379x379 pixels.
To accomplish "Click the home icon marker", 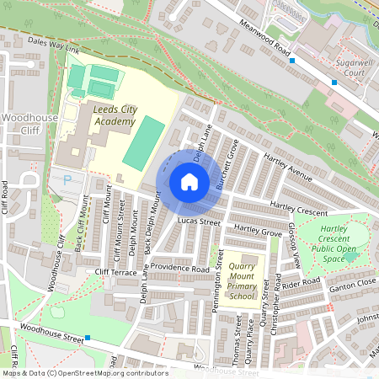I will [x=189, y=182].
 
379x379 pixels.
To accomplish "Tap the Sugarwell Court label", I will [x=342, y=68].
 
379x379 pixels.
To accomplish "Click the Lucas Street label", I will [x=199, y=222].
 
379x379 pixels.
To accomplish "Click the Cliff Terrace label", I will [x=115, y=272].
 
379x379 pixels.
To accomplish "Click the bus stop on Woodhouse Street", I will [x=88, y=338].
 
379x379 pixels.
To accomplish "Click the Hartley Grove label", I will [x=258, y=230].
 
